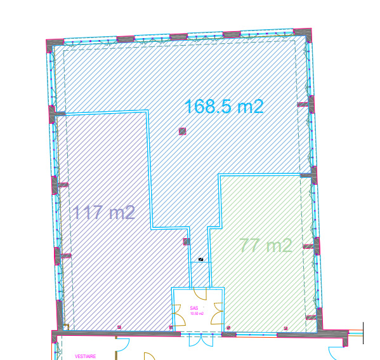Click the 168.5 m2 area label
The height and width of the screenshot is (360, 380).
point(223,107)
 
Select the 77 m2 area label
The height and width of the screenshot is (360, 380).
point(266,245)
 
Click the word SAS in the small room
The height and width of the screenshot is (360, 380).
point(194,308)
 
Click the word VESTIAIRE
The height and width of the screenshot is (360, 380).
point(85,356)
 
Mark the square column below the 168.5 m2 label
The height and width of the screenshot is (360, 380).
point(183,131)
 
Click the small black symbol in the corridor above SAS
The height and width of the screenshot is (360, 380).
point(201,260)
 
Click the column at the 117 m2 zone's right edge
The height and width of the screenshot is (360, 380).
point(186,241)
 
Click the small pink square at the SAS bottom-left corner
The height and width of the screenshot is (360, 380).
point(171,327)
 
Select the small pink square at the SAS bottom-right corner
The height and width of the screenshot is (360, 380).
point(228,327)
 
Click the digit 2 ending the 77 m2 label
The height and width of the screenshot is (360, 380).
point(287,245)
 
